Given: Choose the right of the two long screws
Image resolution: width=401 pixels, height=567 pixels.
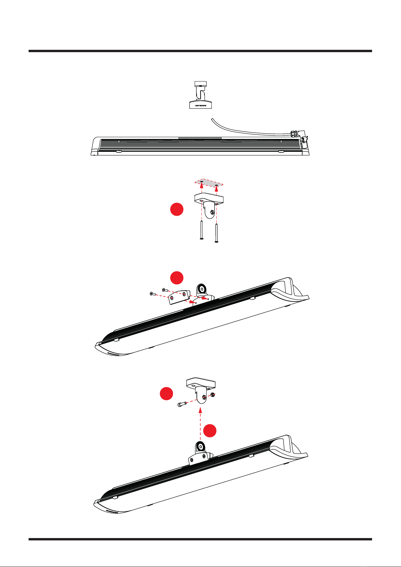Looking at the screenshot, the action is [216, 232].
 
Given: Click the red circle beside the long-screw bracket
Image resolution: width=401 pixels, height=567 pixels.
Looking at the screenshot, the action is [177, 210].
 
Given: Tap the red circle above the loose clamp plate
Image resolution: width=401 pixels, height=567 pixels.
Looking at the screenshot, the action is [177, 278].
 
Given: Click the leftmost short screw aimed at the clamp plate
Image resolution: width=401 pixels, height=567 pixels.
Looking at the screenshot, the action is [152, 294].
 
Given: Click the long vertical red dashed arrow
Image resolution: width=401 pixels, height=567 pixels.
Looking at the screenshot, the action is [200, 424].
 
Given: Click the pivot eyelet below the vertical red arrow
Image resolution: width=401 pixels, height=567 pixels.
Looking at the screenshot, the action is [200, 447].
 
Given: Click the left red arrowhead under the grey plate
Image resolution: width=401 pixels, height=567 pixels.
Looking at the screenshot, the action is [201, 184].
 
